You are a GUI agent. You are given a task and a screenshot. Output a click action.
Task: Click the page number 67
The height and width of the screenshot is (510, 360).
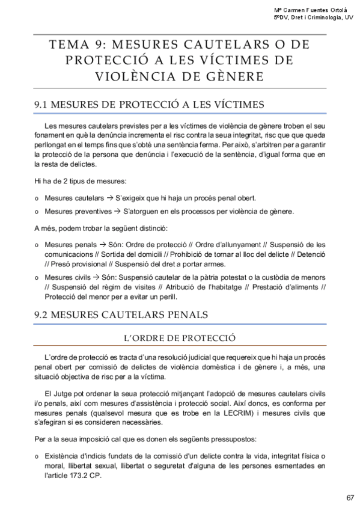pos(350,497)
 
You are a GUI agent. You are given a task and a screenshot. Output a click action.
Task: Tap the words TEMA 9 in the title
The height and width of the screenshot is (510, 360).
pos(72,46)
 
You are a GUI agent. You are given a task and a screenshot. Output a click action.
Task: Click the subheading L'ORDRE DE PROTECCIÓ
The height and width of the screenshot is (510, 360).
pos(180,337)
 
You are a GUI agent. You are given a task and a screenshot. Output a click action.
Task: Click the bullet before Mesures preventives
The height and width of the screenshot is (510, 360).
pos(37,212)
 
